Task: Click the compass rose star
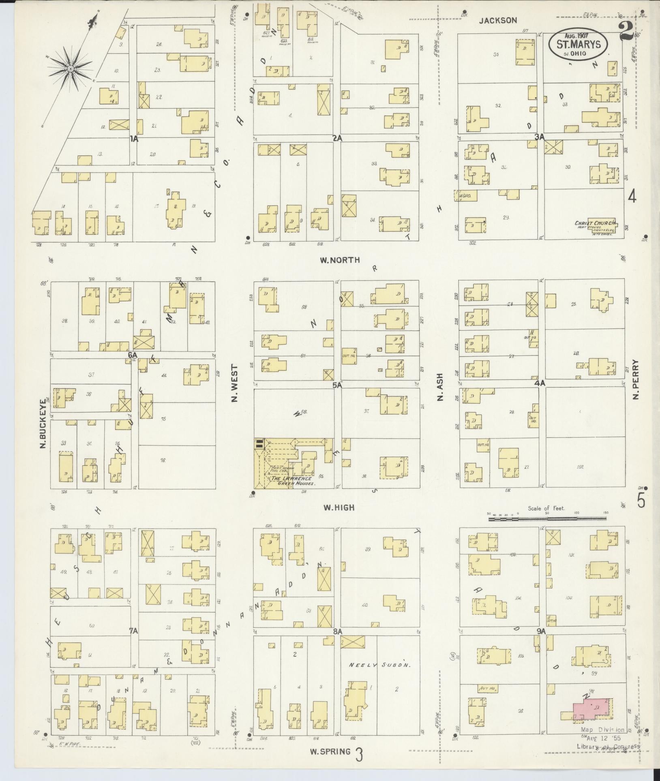(x=71, y=69)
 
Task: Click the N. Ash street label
(x=440, y=387)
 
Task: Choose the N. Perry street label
(x=635, y=379)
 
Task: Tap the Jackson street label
(x=498, y=20)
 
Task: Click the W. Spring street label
(x=330, y=751)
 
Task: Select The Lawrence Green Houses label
(x=293, y=481)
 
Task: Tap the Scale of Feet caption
(x=546, y=508)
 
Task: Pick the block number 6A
(x=133, y=355)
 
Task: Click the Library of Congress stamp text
(x=608, y=747)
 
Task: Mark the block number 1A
(x=134, y=139)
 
